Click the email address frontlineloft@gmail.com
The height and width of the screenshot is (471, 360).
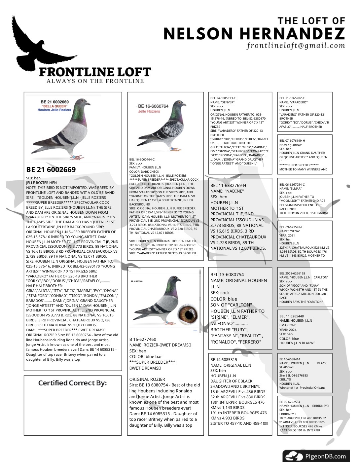pyautogui.click(x=296, y=46)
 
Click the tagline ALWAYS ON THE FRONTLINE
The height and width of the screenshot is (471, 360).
pyautogui.click(x=95, y=81)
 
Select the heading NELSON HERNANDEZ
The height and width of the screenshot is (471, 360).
pyautogui.click(x=254, y=34)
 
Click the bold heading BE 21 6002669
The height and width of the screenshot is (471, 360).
pyautogui.click(x=51, y=170)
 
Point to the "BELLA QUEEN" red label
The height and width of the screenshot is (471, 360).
pyautogui.click(x=55, y=106)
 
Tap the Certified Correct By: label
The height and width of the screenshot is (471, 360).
pyautogui.click(x=72, y=383)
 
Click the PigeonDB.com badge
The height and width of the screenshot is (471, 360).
pyautogui.click(x=316, y=456)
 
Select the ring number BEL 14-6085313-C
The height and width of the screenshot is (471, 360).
pyautogui.click(x=223, y=98)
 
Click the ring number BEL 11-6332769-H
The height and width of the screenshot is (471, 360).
pyautogui.click(x=228, y=185)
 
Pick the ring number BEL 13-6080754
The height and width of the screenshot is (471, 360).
pyautogui.click(x=227, y=274)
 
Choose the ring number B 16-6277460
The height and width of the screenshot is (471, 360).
pyautogui.click(x=143, y=339)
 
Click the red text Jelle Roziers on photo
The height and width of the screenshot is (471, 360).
pyautogui.click(x=149, y=111)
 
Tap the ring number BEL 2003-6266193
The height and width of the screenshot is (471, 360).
pyautogui.click(x=292, y=273)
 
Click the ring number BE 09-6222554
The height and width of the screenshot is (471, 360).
pyautogui.click(x=290, y=402)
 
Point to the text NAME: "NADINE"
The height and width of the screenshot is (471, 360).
pyautogui.click(x=227, y=191)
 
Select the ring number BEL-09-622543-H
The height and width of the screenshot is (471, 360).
pyautogui.click(x=291, y=227)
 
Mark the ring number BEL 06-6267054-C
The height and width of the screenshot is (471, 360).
pyautogui.click(x=292, y=185)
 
